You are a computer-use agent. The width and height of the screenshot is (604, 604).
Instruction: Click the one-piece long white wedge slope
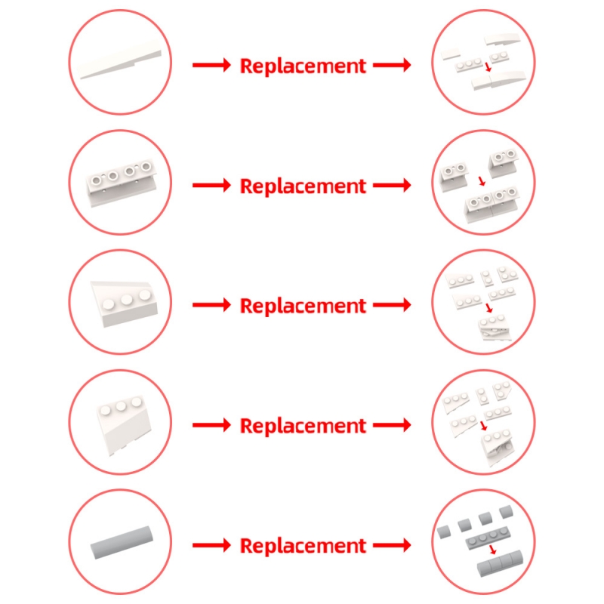pos(120,60)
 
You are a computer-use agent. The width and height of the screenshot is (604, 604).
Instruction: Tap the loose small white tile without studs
pos(450,54)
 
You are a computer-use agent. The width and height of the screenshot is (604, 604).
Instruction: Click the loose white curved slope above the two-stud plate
pos(502,39)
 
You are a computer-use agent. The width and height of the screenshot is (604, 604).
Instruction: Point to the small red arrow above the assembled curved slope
pos(488,66)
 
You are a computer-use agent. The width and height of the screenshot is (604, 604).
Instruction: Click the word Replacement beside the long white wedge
pos(303,66)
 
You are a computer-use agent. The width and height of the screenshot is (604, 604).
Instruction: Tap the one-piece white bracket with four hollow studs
pos(122,182)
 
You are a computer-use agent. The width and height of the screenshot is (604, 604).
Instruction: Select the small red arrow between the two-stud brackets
pos(482,180)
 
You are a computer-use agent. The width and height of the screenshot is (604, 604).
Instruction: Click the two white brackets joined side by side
pos(492,204)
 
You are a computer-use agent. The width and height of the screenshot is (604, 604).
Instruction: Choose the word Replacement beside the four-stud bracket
pos(303,186)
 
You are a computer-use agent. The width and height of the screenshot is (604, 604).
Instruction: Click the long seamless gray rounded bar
pos(122,542)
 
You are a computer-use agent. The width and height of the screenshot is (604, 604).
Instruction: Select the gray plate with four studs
pos(488,538)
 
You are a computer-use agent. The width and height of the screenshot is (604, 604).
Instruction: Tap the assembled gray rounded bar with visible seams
pos(500,563)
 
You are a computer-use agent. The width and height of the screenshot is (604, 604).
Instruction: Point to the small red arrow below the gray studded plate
pos(493,550)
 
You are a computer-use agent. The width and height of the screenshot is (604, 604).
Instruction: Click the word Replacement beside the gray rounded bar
pos(303,546)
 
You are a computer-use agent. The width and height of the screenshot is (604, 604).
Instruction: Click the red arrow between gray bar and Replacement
pos(211,545)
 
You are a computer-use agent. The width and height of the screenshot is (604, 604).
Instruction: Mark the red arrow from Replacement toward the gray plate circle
pos(392,545)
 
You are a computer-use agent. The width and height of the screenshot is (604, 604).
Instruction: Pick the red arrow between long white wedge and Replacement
pos(211,65)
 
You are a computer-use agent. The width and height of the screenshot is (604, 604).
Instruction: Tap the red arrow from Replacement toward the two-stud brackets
pos(392,185)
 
